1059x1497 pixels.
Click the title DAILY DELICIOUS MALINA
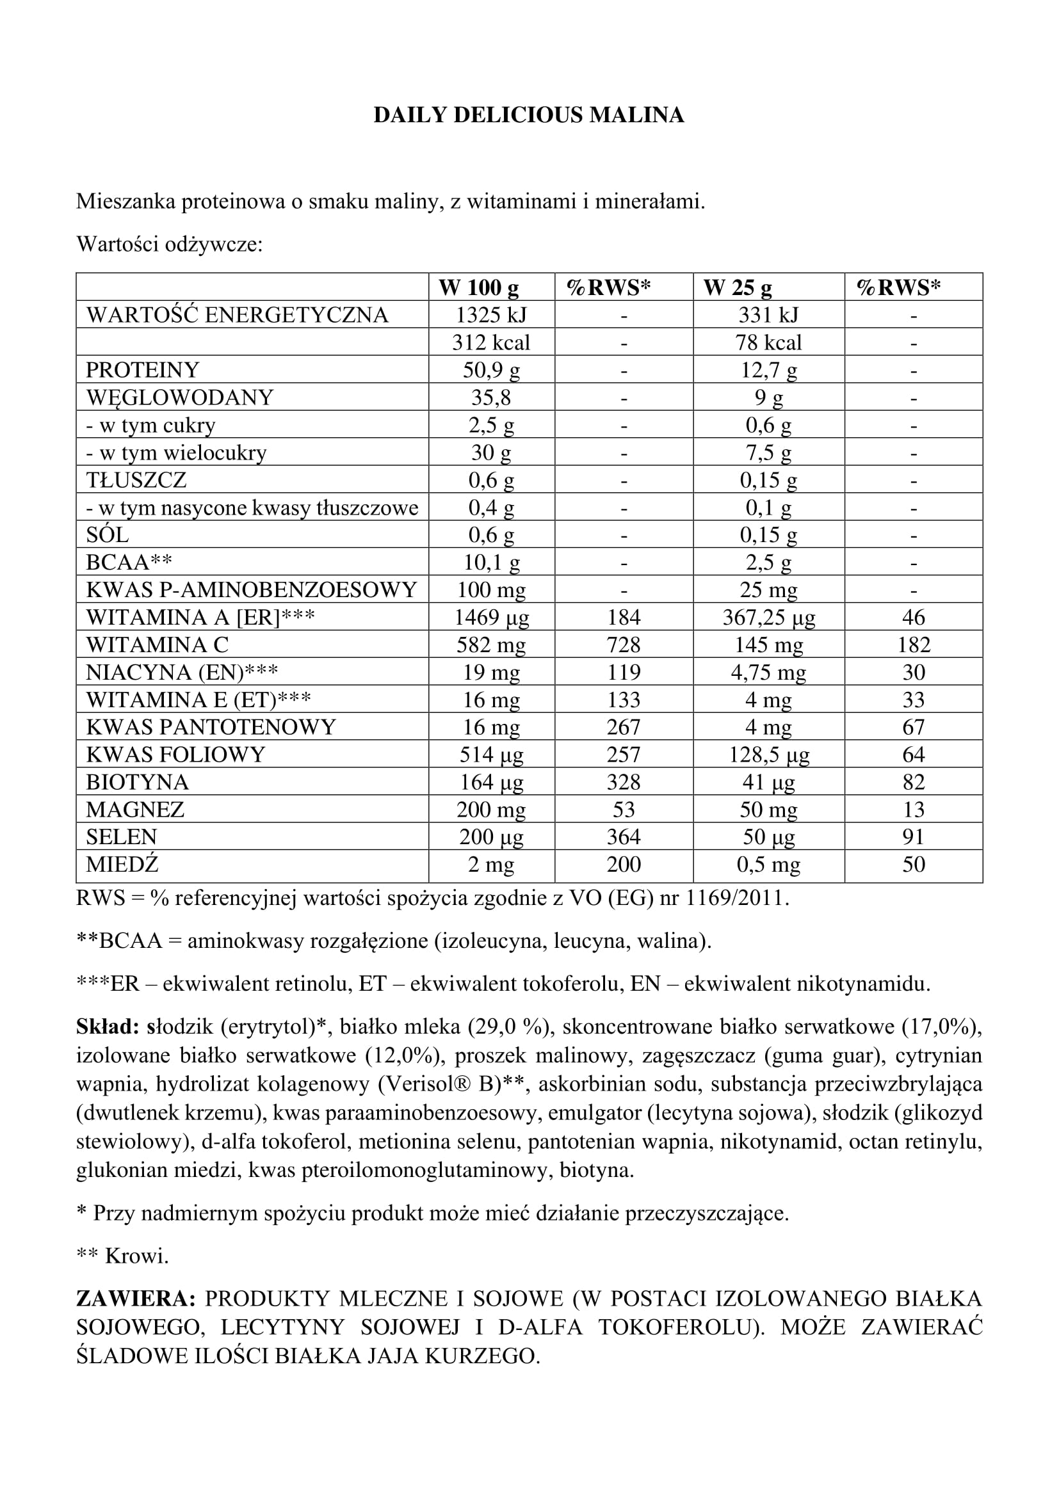[529, 115]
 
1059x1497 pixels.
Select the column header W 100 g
[479, 287]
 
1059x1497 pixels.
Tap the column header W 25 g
[737, 287]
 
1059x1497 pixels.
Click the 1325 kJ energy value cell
[491, 315]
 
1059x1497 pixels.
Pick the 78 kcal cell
[768, 342]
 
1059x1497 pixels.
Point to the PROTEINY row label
[142, 370]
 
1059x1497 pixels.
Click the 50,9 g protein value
[491, 370]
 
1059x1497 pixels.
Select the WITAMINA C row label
[157, 645]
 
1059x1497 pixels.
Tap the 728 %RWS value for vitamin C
[624, 645]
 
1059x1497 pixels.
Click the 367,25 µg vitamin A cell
[768, 618]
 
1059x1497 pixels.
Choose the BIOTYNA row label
[137, 781]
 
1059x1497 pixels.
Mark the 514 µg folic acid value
[491, 755]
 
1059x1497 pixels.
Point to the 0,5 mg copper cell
[768, 865]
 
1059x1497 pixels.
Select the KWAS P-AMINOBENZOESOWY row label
[251, 590]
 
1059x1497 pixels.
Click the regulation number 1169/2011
[736, 899]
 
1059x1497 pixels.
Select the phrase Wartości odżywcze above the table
[170, 244]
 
